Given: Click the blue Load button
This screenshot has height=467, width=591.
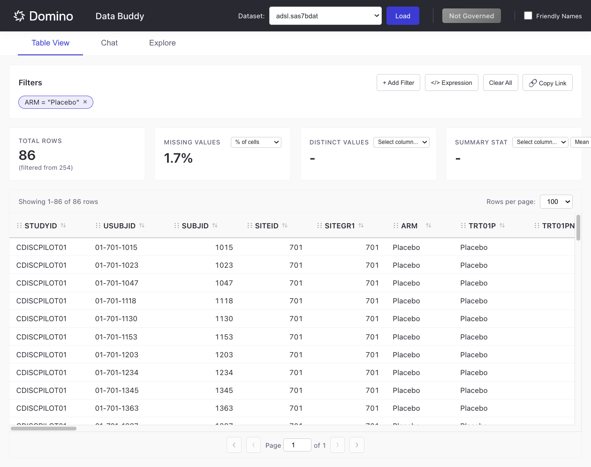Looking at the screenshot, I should [402, 16].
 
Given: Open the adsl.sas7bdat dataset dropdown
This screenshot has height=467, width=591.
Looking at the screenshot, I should [325, 16].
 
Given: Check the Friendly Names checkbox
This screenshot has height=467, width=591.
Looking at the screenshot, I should [528, 15].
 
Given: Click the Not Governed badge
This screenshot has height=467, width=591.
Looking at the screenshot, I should [471, 16].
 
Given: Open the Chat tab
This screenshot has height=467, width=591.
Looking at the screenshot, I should [109, 43].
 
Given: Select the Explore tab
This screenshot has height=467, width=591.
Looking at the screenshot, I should [162, 43].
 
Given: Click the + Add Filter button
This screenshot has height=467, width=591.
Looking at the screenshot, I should [398, 83].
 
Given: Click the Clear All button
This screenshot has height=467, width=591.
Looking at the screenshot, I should [500, 83].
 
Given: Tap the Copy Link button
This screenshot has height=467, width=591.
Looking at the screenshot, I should [547, 83].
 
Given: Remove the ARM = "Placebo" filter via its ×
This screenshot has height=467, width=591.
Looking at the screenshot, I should [85, 102].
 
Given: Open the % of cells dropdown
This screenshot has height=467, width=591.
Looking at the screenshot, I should [256, 142].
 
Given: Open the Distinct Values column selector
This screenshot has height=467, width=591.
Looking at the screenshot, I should [402, 142].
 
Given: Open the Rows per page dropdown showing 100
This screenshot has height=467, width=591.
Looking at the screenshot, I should [556, 202].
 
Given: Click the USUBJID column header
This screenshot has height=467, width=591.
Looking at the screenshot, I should [119, 226].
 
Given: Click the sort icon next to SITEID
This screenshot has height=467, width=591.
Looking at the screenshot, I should [285, 226].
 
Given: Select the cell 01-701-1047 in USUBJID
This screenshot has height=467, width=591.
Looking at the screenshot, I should [117, 283].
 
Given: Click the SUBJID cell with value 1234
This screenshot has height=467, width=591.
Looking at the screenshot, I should [224, 373].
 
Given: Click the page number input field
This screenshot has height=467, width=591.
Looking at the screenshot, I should [297, 445].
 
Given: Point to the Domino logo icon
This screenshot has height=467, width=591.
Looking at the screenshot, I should [19, 16].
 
